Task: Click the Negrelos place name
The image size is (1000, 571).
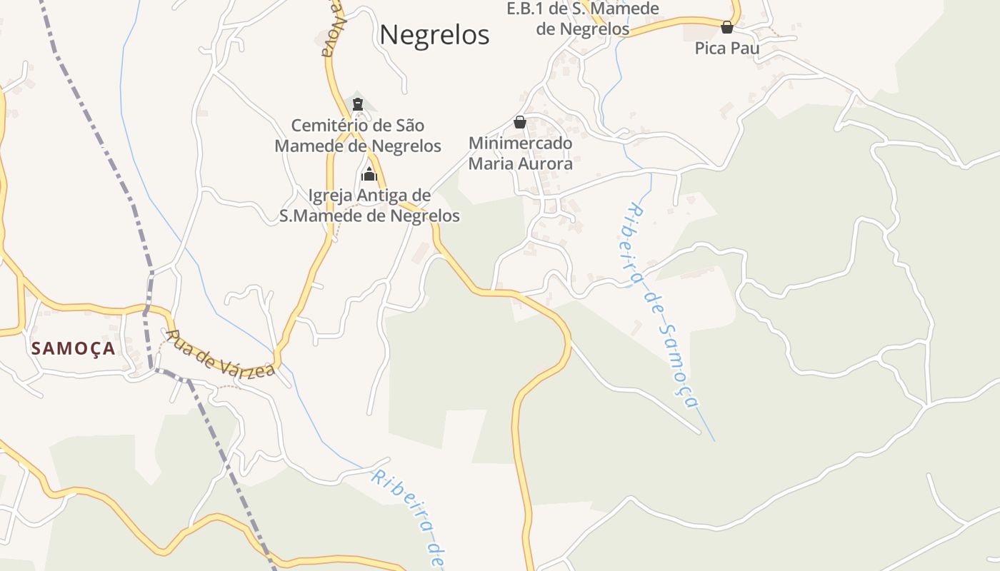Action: click(434, 34)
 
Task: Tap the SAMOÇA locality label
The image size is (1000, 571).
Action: click(73, 348)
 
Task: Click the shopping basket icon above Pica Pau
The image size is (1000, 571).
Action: click(727, 27)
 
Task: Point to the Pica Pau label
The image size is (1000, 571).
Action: click(727, 49)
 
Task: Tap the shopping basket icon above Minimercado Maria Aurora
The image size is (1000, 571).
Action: click(520, 122)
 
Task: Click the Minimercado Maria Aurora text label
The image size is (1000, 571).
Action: click(520, 153)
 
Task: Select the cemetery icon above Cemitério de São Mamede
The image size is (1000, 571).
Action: click(358, 104)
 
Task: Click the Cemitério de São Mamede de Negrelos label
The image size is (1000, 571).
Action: click(358, 136)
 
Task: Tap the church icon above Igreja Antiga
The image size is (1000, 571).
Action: click(369, 173)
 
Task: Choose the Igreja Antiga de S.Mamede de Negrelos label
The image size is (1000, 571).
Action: click(369, 206)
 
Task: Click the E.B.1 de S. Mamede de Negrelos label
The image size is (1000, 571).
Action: click(582, 19)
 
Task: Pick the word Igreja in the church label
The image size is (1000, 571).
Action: click(331, 196)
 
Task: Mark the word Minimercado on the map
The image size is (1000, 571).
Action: click(520, 143)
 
